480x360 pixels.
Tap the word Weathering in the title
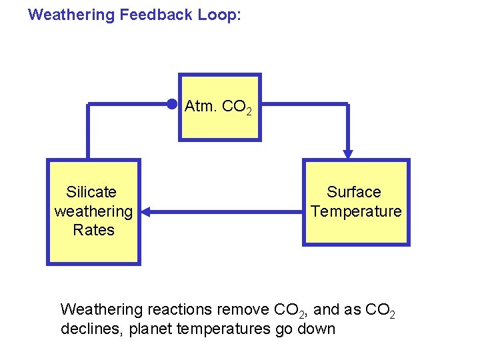(72, 15)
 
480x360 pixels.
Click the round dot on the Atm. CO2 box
(172, 103)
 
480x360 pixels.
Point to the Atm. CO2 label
(218, 107)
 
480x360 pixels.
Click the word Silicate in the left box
(91, 193)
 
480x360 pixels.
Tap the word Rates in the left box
(93, 230)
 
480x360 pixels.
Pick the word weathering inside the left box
(93, 211)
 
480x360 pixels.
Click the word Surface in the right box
(354, 193)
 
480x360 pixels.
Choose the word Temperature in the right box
(356, 211)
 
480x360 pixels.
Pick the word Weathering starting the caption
(101, 309)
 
